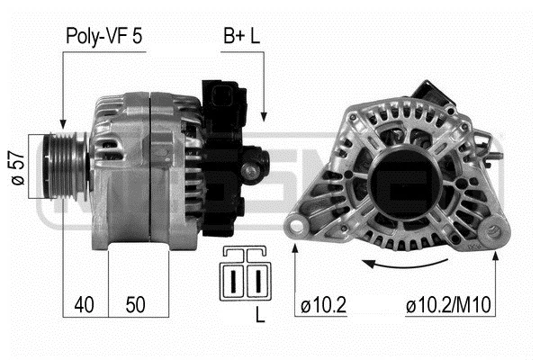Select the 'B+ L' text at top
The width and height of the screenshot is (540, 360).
[243, 37]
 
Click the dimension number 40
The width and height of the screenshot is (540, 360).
[85, 306]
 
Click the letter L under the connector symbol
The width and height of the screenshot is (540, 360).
[260, 317]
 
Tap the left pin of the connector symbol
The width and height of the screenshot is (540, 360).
[235, 280]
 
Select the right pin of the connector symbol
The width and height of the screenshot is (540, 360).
[256, 280]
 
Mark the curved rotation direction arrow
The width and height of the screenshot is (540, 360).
[405, 263]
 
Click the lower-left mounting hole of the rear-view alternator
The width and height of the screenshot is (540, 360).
[298, 225]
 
